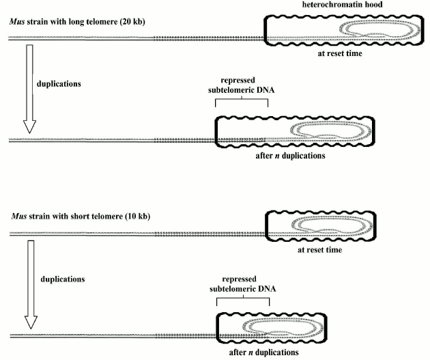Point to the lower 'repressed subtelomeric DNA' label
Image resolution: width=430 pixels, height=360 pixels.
coord(242,284)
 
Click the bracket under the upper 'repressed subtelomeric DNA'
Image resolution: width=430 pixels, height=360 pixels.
coord(242,102)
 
